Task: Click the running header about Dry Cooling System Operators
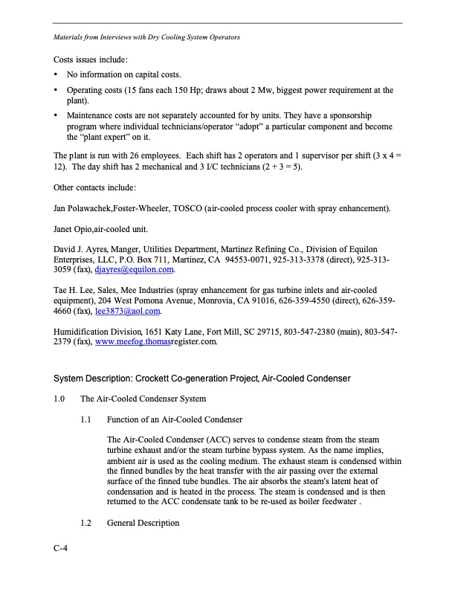[146, 36]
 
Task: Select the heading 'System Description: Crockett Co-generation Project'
[201, 379]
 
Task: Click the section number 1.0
[60, 400]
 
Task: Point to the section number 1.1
[87, 420]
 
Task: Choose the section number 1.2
[87, 523]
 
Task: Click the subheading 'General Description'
[143, 523]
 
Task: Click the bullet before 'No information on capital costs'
[57, 75]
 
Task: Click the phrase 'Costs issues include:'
[91, 58]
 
